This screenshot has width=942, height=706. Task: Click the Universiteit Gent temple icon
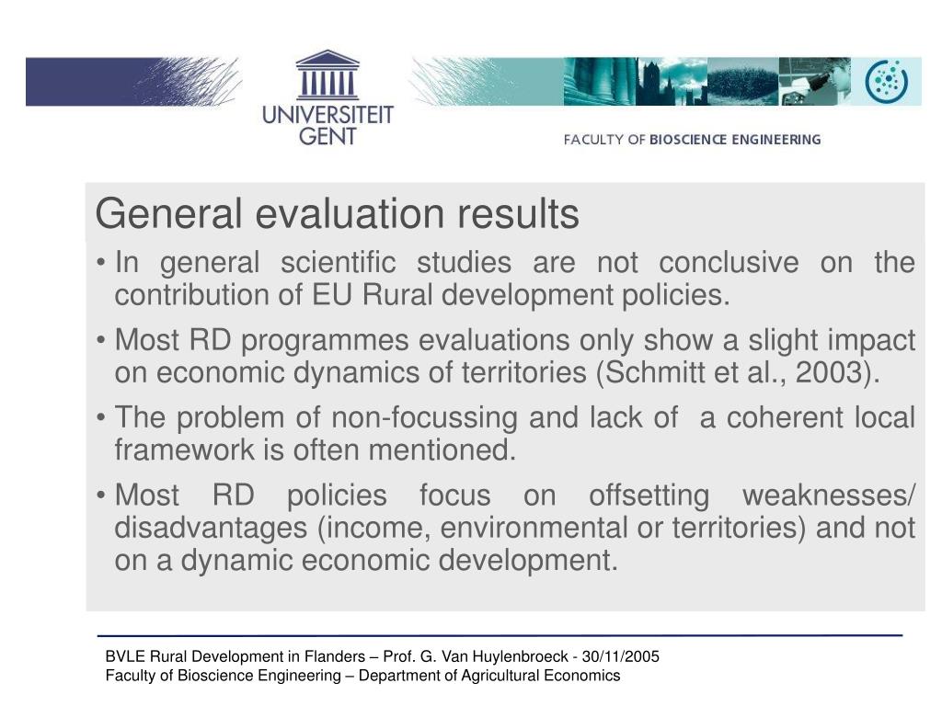[327, 74]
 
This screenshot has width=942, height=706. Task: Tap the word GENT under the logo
[327, 136]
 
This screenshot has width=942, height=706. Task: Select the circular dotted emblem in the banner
[886, 81]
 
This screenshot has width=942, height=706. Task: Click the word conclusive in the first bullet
[729, 262]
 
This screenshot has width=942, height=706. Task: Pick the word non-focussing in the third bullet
[424, 418]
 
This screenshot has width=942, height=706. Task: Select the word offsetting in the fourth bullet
[649, 495]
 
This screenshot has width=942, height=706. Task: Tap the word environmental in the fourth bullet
[534, 529]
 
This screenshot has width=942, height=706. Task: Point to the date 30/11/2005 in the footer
[621, 656]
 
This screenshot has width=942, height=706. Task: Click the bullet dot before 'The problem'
[101, 417]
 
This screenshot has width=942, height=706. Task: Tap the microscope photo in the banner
[814, 81]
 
